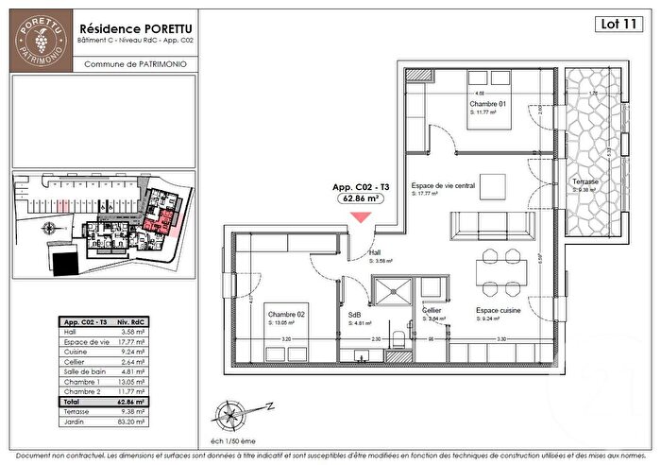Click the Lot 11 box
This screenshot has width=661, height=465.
[x=618, y=26]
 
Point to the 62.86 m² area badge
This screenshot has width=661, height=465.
[x=360, y=199]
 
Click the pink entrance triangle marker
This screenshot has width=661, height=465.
[x=361, y=218]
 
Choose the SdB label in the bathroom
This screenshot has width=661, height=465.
[x=355, y=315]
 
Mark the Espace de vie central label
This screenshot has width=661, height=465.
[x=445, y=186]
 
